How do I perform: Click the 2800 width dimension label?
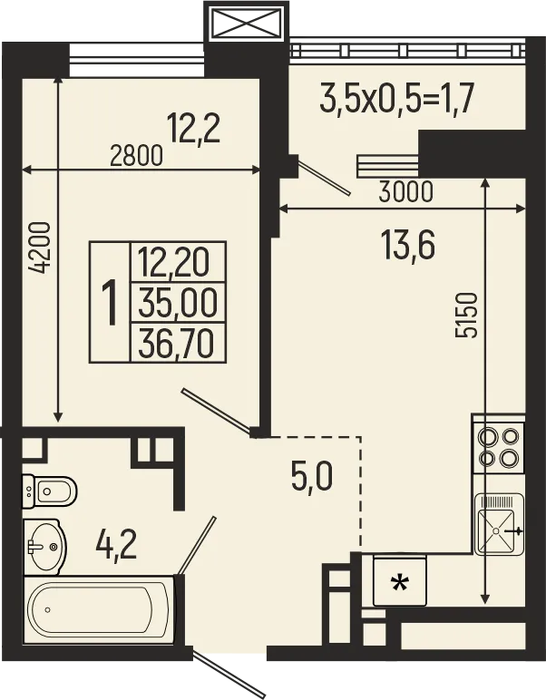coord(136,155)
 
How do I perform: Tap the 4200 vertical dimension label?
coord(39,248)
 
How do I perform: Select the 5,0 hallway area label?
coord(313,475)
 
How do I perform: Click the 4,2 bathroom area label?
coord(117,545)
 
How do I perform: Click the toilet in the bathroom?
coord(47,491)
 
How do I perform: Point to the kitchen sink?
coord(498,523)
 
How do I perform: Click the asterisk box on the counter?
coord(397,581)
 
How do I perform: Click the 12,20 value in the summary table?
coord(179,263)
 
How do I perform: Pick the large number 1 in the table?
coord(111,303)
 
